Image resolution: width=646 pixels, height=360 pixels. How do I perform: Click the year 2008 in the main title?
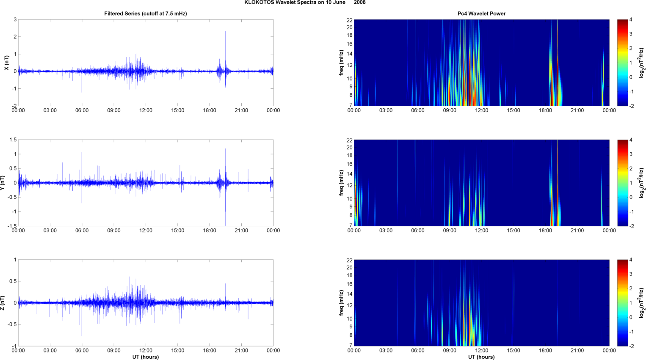[x=360, y=3]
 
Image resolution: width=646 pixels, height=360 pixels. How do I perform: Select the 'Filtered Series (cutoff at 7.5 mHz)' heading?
[x=146, y=14]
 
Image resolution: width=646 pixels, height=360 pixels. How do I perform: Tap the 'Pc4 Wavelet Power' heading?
[x=481, y=14]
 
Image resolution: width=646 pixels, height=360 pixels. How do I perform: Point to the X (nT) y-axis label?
[x=6, y=63]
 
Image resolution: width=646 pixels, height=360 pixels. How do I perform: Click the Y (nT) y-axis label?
[x=2, y=183]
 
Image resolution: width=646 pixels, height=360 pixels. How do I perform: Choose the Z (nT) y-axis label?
[x=2, y=303]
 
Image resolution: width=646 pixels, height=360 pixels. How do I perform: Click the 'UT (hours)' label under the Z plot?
[x=146, y=357]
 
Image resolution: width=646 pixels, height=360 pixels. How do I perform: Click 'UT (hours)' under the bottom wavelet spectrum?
[x=481, y=357]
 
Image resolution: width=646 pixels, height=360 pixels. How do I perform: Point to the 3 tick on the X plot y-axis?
[x=15, y=19]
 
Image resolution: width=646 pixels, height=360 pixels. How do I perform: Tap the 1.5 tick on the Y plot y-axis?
[x=13, y=140]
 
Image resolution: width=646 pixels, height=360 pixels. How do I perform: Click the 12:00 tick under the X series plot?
[x=146, y=110]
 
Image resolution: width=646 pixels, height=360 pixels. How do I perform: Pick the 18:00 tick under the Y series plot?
[x=210, y=231]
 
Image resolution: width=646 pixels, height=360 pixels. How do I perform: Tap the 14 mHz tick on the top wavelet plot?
[x=349, y=54]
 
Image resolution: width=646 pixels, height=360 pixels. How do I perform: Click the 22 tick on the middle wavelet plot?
[x=349, y=140]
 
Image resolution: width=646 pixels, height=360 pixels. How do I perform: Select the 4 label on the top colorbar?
[x=631, y=20]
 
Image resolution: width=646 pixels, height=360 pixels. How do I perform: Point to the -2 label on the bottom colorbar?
[x=631, y=346]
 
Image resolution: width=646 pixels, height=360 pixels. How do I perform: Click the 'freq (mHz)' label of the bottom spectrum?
[x=341, y=303]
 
